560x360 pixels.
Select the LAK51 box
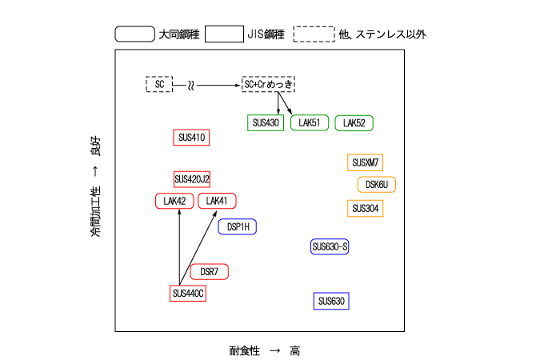coord(310,123)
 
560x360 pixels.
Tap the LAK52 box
coord(354,123)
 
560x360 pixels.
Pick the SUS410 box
coord(191,138)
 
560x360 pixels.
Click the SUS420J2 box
coord(192,178)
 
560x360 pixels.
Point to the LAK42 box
coord(174,201)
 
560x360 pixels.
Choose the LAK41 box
coord(217,201)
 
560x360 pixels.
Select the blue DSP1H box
coord(238,226)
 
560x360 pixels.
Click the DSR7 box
coord(210,272)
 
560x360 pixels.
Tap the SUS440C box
coord(189,294)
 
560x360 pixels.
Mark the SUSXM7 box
coord(366,163)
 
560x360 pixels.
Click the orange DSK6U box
coord(376,185)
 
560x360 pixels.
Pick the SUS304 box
coord(366,209)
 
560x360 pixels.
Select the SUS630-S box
coord(330,246)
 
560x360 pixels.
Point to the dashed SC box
coord(159,84)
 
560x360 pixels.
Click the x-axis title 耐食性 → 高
coord(264,350)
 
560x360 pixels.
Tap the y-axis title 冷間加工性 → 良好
coord(96,192)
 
